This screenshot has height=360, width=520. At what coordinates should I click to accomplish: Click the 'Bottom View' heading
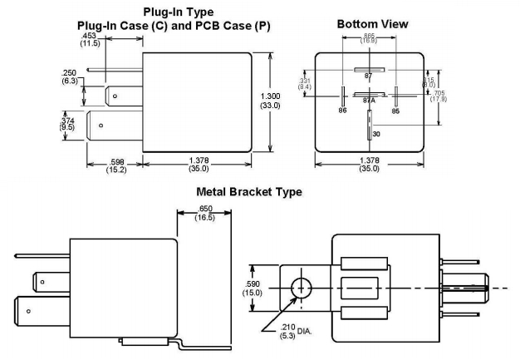pyautogui.click(x=372, y=25)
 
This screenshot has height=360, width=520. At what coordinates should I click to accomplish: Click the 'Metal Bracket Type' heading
pyautogui.click(x=249, y=192)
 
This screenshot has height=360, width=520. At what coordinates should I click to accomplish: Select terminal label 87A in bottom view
pyautogui.click(x=369, y=101)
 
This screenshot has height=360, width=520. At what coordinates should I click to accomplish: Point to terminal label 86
pyautogui.click(x=342, y=109)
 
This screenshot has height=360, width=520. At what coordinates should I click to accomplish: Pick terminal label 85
pyautogui.click(x=396, y=109)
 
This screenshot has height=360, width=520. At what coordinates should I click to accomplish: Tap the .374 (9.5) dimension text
pyautogui.click(x=69, y=123)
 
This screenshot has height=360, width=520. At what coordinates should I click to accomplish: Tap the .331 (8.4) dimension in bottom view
pyautogui.click(x=305, y=84)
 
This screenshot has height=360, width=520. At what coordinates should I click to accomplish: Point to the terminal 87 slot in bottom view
pyautogui.click(x=369, y=70)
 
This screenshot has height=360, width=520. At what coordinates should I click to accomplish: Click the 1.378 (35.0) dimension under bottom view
pyautogui.click(x=369, y=164)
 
